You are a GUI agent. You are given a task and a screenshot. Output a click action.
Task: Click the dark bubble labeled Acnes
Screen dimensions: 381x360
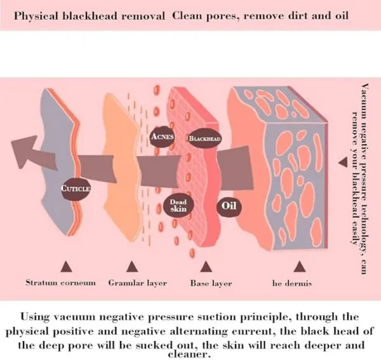[162, 137]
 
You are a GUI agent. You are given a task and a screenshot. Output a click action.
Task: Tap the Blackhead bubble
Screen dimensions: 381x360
[204, 138]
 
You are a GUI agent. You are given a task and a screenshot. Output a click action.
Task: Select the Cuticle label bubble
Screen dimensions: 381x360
[76, 189]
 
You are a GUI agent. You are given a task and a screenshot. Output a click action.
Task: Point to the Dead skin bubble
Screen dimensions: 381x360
[178, 206]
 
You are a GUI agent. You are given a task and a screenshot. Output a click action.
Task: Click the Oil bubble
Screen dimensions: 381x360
[229, 206]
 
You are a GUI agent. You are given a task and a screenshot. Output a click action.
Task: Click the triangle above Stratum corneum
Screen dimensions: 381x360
[66, 267]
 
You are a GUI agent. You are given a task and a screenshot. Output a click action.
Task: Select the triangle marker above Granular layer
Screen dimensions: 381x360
[132, 267]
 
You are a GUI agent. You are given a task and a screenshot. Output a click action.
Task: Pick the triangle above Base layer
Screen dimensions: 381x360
[206, 267]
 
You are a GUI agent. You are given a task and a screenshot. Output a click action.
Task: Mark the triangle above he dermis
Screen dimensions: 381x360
[299, 267]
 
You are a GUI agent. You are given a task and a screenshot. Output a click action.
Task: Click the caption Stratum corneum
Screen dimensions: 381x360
[60, 283]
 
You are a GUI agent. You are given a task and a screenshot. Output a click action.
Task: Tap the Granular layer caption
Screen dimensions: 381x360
[138, 283]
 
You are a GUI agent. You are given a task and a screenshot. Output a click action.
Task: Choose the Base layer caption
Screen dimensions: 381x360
[211, 283]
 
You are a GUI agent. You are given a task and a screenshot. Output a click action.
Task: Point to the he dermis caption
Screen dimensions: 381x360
[292, 283]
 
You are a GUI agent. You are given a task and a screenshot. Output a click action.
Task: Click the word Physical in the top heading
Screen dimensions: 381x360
[36, 17]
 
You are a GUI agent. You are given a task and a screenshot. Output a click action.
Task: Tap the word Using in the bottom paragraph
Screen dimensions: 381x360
[36, 317]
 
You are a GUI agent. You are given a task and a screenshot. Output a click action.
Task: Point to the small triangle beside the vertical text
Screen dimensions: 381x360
[343, 162]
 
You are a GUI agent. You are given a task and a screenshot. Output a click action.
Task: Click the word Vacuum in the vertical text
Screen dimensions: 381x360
[364, 99]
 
